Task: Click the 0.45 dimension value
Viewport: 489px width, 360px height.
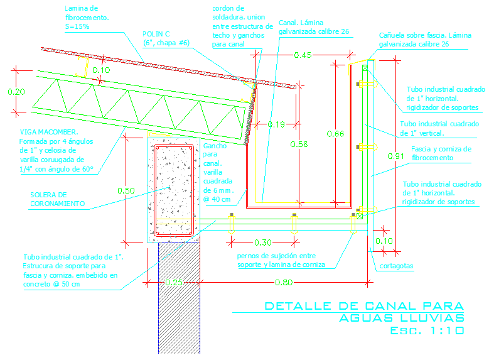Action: coord(303,55)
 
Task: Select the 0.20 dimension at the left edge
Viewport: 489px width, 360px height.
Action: coord(17,92)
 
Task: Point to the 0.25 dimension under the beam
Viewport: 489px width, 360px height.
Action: coord(173,283)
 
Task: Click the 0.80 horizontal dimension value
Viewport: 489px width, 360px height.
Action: coord(284,283)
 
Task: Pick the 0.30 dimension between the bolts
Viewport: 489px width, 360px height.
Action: coord(263,242)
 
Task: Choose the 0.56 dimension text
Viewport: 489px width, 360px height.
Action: coord(299,145)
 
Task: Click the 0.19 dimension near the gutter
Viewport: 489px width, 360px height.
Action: coord(277,124)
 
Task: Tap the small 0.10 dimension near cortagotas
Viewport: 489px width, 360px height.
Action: coord(384,241)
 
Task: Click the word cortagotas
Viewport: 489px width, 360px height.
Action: coord(397,266)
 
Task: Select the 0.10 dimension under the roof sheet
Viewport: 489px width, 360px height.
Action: coord(101,70)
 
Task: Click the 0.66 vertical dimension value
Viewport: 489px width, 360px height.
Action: coord(336,133)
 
